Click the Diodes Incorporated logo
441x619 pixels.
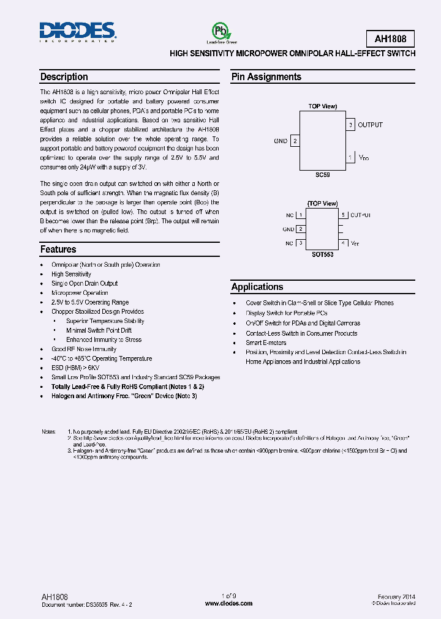pyautogui.click(x=77, y=31)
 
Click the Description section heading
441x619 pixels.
pyautogui.click(x=64, y=77)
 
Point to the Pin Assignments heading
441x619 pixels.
pyautogui.click(x=266, y=77)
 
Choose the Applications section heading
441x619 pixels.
pyautogui.click(x=257, y=287)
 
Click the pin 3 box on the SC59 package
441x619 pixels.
pyautogui.click(x=350, y=125)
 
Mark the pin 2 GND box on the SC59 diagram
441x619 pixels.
pyautogui.click(x=295, y=141)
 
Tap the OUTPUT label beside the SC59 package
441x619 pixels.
pyautogui.click(x=370, y=125)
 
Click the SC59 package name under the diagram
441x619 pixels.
pyautogui.click(x=323, y=174)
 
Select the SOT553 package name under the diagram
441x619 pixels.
pyautogui.click(x=322, y=254)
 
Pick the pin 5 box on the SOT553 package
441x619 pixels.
pyautogui.click(x=344, y=215)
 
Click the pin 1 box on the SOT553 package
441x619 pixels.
pyautogui.click(x=301, y=215)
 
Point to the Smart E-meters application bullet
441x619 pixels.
pyautogui.click(x=266, y=343)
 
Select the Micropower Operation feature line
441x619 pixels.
pyautogui.click(x=80, y=293)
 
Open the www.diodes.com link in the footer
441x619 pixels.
pyautogui.click(x=228, y=604)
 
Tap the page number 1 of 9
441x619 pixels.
pyautogui.click(x=228, y=596)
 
